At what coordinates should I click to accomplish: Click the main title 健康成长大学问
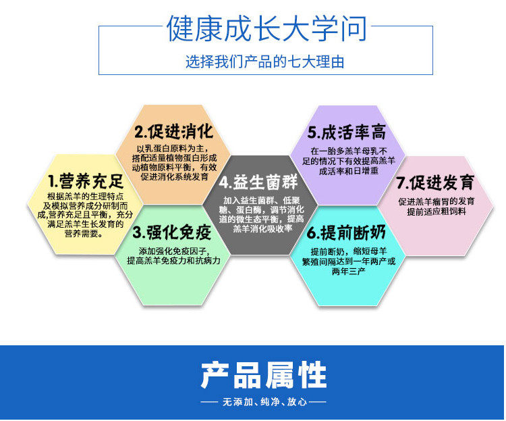coord(266,28)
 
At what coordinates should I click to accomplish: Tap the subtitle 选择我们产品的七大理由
coord(265,61)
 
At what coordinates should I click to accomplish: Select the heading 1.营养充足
coord(86,181)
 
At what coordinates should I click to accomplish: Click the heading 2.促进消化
coord(174,131)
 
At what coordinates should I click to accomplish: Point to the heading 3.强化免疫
coord(172,232)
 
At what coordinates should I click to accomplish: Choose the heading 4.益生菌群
coord(258,182)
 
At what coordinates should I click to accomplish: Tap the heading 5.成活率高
coord(347,132)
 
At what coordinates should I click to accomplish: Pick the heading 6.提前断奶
coord(346,232)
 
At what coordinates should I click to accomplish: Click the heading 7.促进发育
coord(436,182)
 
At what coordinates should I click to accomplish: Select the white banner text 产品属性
coord(264,375)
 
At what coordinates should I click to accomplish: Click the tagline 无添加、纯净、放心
coord(264,401)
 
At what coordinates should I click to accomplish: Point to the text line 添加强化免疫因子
coord(174,251)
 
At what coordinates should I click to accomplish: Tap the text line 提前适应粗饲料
coord(437,212)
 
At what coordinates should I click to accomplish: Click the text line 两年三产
coord(349,271)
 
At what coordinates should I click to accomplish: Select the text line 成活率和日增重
coord(349,171)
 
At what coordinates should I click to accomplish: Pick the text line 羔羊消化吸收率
coord(262,228)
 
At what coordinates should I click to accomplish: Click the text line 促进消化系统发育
coord(174,176)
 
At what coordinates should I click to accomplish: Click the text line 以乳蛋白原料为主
coord(174,149)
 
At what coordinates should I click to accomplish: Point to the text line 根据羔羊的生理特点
coord(86,196)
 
